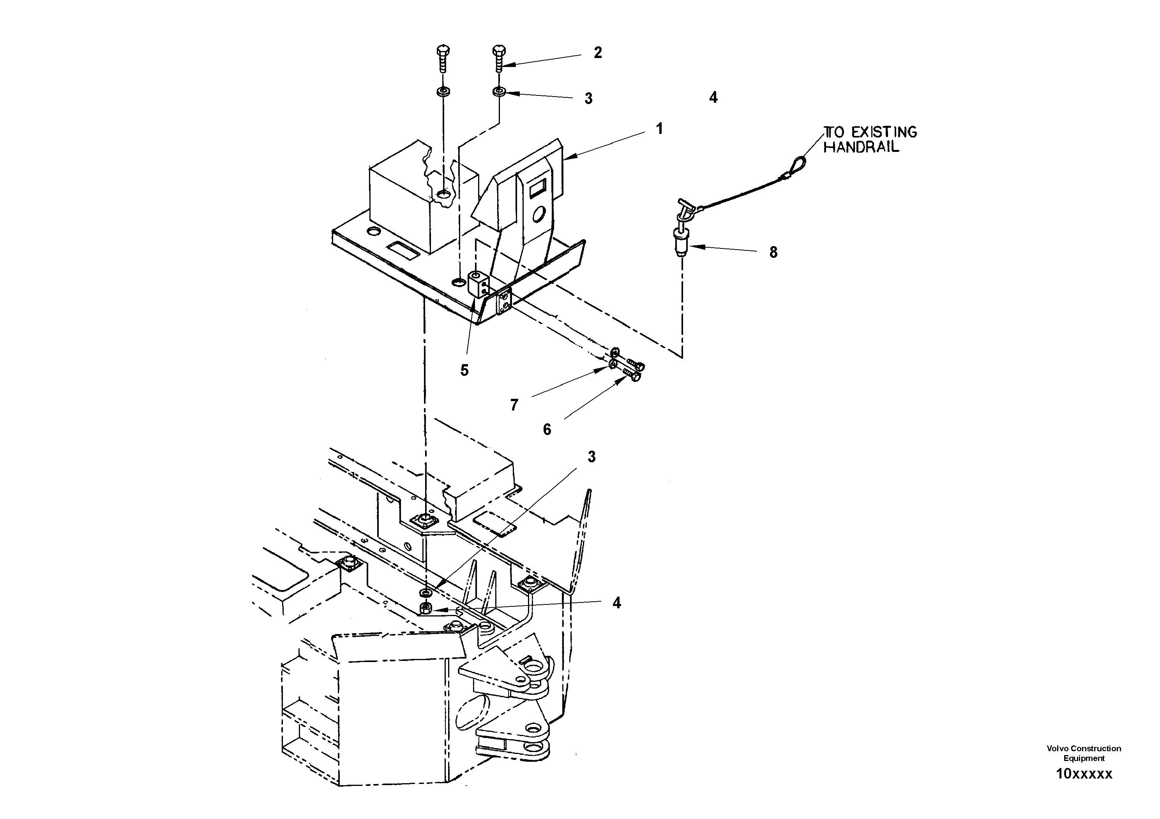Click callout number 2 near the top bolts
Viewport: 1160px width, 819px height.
pos(598,53)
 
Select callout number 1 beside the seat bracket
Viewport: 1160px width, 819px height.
pos(659,129)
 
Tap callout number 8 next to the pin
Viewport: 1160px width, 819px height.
pos(773,252)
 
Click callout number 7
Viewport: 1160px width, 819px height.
pos(514,405)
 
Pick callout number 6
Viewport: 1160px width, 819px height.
pos(547,430)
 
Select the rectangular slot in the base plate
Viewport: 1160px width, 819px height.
pos(402,250)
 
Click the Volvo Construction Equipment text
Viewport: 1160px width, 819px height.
pos(1084,753)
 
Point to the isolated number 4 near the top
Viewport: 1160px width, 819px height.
pos(713,97)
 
